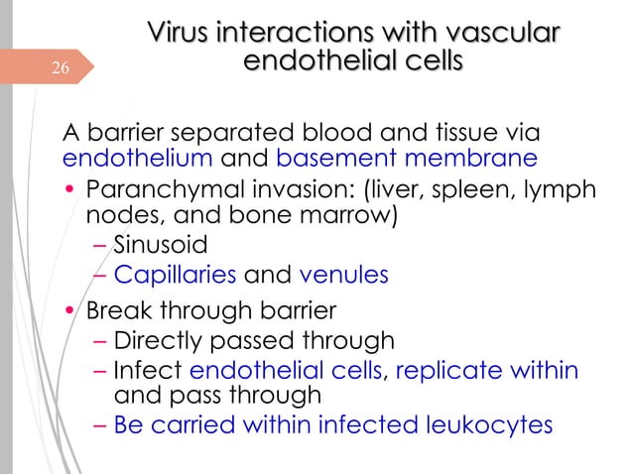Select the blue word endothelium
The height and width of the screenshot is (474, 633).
click(137, 158)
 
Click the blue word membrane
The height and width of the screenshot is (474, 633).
click(474, 158)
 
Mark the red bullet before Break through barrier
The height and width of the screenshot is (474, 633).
click(70, 309)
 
